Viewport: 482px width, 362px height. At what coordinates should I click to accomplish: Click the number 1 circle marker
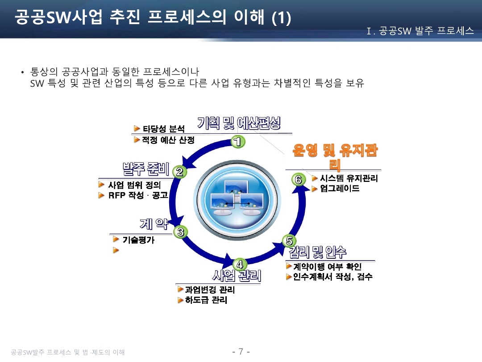click(238, 142)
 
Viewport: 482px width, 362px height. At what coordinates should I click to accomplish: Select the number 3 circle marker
click(180, 232)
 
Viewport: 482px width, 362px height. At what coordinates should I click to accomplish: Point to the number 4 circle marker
click(240, 264)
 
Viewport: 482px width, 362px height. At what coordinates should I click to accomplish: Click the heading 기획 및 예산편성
click(239, 122)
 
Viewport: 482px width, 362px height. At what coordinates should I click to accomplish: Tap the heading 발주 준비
click(145, 169)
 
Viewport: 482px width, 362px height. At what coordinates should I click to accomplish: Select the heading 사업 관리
click(237, 275)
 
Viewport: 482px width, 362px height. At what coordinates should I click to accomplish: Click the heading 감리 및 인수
click(317, 252)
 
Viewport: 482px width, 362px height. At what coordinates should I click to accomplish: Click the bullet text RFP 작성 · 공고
click(138, 196)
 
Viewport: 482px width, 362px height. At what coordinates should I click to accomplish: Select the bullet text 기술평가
click(138, 240)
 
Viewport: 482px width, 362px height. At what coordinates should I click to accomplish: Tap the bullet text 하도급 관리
click(206, 300)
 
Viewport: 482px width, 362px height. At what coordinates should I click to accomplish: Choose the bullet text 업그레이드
click(340, 189)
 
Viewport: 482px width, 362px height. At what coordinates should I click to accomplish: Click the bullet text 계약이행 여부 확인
click(328, 267)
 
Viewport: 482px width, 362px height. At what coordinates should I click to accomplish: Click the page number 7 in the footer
click(241, 351)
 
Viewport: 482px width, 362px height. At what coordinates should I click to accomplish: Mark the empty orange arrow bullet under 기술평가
click(116, 250)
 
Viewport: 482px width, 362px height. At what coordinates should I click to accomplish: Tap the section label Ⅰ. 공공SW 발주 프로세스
click(420, 31)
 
